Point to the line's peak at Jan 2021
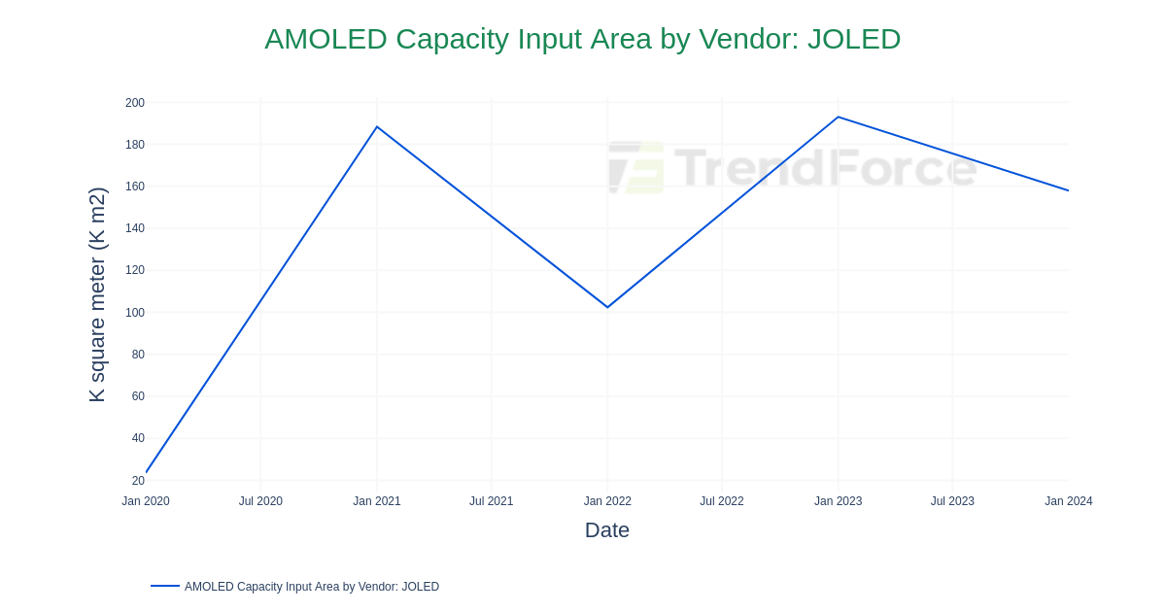click(377, 127)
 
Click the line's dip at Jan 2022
click(607, 307)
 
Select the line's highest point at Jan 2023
click(838, 118)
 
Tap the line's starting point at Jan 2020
click(147, 472)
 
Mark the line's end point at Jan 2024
click(1068, 190)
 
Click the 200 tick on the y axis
click(135, 103)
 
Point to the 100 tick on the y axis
click(135, 313)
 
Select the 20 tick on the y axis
click(138, 481)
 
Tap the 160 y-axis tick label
click(135, 187)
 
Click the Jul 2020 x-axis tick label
click(260, 501)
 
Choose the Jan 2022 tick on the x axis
click(607, 501)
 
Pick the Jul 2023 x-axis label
click(952, 501)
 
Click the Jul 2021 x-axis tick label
click(492, 501)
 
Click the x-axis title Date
click(607, 530)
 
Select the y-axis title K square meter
click(97, 294)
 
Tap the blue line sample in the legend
click(165, 586)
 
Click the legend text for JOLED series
click(312, 587)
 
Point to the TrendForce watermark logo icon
click(636, 167)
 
